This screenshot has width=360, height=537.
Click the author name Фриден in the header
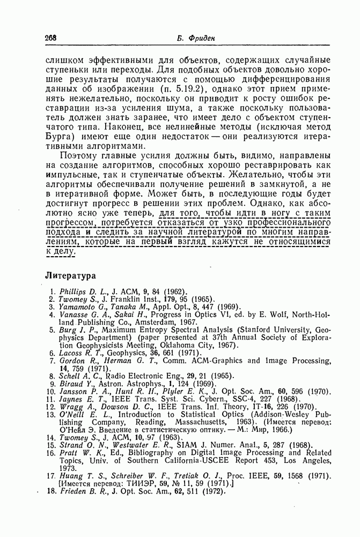pyautogui.click(x=197, y=38)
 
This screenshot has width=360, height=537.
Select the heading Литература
pyautogui.click(x=70, y=275)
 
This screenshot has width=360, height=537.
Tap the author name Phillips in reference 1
pyautogui.click(x=77, y=291)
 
